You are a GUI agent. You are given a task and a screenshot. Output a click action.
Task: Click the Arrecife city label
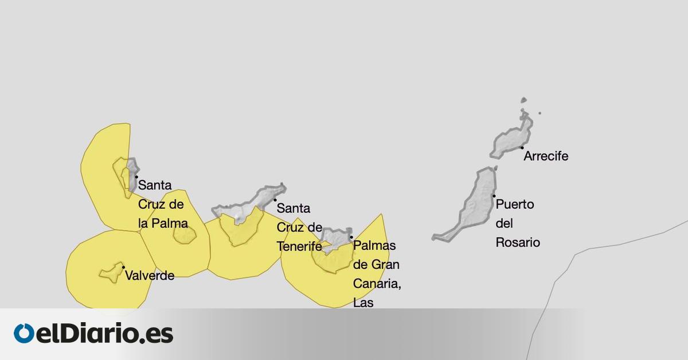(546, 156)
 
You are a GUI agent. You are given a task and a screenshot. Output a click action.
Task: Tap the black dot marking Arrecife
(522, 147)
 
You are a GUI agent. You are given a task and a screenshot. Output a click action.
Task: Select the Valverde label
(149, 276)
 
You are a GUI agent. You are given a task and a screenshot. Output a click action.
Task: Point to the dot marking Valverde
(123, 267)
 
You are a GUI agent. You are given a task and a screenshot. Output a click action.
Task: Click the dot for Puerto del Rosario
(494, 196)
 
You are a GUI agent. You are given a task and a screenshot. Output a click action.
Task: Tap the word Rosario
(518, 242)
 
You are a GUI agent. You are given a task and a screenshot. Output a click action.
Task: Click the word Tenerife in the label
(299, 246)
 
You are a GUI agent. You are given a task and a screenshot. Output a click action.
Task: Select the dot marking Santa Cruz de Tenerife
(275, 199)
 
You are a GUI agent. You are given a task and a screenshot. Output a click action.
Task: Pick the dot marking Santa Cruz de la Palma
(136, 177)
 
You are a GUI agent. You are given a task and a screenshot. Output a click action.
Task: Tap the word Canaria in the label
(376, 284)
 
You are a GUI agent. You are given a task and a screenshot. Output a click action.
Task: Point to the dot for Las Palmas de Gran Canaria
(351, 236)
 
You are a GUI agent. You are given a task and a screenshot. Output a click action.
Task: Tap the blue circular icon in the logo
(25, 334)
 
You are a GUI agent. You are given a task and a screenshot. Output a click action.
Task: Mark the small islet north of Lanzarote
(523, 101)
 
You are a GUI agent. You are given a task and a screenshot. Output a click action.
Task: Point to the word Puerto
(515, 204)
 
